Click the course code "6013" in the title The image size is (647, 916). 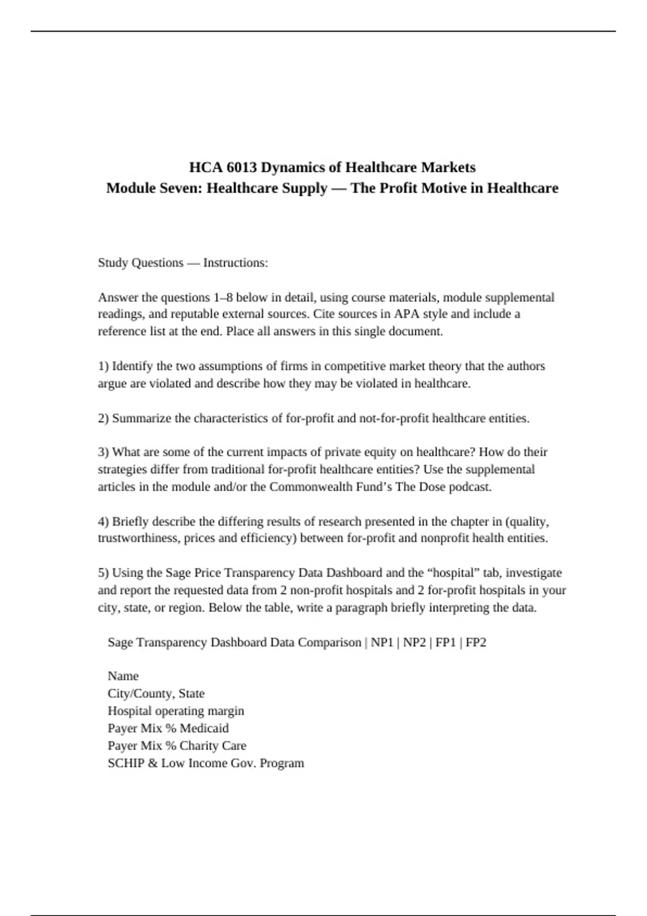click(x=242, y=168)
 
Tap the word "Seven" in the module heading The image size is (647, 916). click(x=181, y=188)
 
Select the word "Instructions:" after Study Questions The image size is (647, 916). click(x=236, y=263)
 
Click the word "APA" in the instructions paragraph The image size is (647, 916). click(x=407, y=314)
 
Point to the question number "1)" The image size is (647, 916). click(x=104, y=366)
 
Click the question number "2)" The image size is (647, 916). click(x=104, y=419)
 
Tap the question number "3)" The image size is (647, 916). click(x=104, y=452)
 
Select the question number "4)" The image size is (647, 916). click(x=104, y=522)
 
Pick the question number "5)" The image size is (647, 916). click(x=104, y=573)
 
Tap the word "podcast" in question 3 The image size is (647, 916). click(x=469, y=487)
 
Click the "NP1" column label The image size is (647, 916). click(x=382, y=642)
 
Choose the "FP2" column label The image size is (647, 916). click(x=476, y=642)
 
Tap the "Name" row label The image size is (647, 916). click(x=123, y=676)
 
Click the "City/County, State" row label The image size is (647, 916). click(x=156, y=693)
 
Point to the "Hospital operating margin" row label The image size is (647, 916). click(x=176, y=711)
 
